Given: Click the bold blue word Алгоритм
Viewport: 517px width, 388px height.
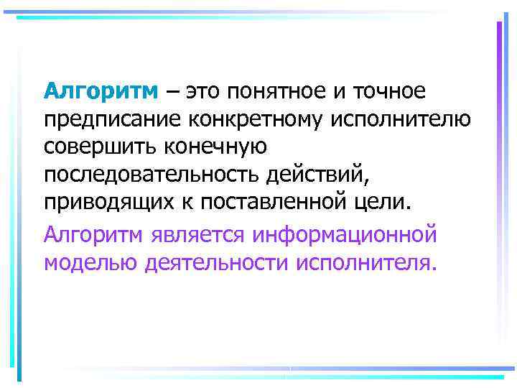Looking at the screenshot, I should pyautogui.click(x=100, y=92).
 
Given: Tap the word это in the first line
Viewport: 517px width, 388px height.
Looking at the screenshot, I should pyautogui.click(x=205, y=92).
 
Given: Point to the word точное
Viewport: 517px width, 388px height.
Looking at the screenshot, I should pyautogui.click(x=388, y=92).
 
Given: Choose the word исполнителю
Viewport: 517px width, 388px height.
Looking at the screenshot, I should pyautogui.click(x=411, y=119).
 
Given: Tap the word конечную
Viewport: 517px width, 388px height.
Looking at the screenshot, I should pyautogui.click(x=217, y=147).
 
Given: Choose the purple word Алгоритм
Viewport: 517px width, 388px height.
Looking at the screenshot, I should pyautogui.click(x=95, y=234).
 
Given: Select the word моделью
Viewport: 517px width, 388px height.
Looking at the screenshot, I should pyautogui.click(x=90, y=262).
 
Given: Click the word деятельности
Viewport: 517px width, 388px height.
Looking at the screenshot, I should pyautogui.click(x=217, y=262).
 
